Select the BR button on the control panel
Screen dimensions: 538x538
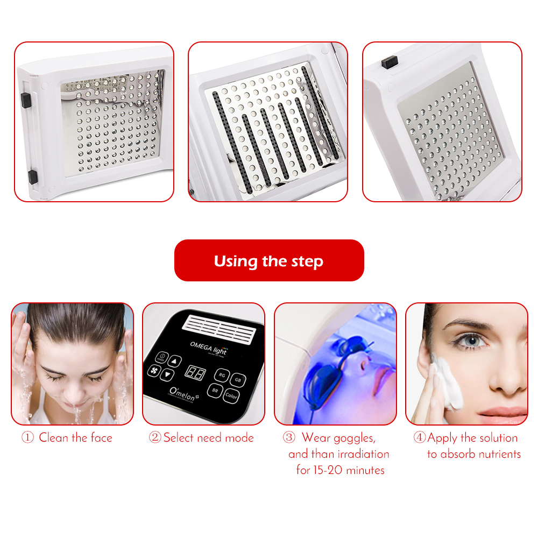[215, 391]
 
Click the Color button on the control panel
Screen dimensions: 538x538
[231, 396]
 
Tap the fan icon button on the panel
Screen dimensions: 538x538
[153, 371]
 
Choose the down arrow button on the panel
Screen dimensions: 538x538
[168, 375]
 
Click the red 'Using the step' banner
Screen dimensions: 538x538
[269, 261]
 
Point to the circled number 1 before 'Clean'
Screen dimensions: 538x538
[27, 438]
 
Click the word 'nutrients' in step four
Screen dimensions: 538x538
[493, 454]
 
